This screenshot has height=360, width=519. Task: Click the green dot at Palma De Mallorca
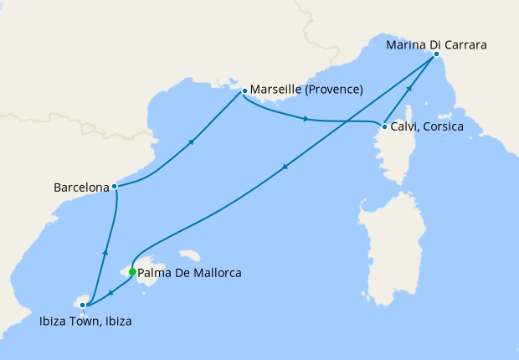click(x=132, y=271)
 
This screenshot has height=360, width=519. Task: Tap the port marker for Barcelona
click(x=114, y=187)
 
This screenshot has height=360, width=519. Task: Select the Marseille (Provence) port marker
click(x=244, y=90)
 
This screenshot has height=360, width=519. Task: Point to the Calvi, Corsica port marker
click(x=384, y=127)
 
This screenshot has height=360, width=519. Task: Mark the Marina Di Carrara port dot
click(x=436, y=54)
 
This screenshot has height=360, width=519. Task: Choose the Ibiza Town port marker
click(x=82, y=306)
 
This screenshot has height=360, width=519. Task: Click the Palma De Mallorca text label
click(x=190, y=273)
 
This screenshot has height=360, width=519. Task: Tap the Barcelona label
click(x=81, y=188)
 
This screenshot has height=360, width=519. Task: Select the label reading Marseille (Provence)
click(x=306, y=90)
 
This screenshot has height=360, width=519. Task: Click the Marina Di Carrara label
click(x=436, y=44)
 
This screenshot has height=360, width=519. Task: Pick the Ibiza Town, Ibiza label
click(x=85, y=321)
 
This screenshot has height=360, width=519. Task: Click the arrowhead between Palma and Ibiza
click(x=111, y=291)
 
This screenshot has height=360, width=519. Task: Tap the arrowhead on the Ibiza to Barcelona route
click(x=105, y=250)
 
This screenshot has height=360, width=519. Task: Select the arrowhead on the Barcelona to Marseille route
click(x=193, y=141)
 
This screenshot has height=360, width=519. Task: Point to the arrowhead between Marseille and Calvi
click(x=306, y=119)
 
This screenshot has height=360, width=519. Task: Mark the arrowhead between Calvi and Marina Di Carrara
click(x=409, y=90)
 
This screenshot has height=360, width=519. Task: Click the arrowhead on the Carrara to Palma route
click(x=286, y=167)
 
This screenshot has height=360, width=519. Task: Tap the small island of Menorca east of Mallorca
click(x=193, y=254)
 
